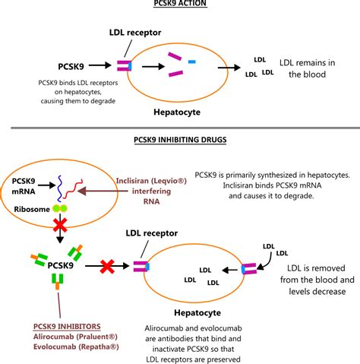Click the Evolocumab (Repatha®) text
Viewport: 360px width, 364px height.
pos(55,347)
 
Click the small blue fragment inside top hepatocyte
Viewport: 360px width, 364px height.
pos(191,59)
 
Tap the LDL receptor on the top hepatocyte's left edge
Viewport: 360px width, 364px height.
pos(122,66)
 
